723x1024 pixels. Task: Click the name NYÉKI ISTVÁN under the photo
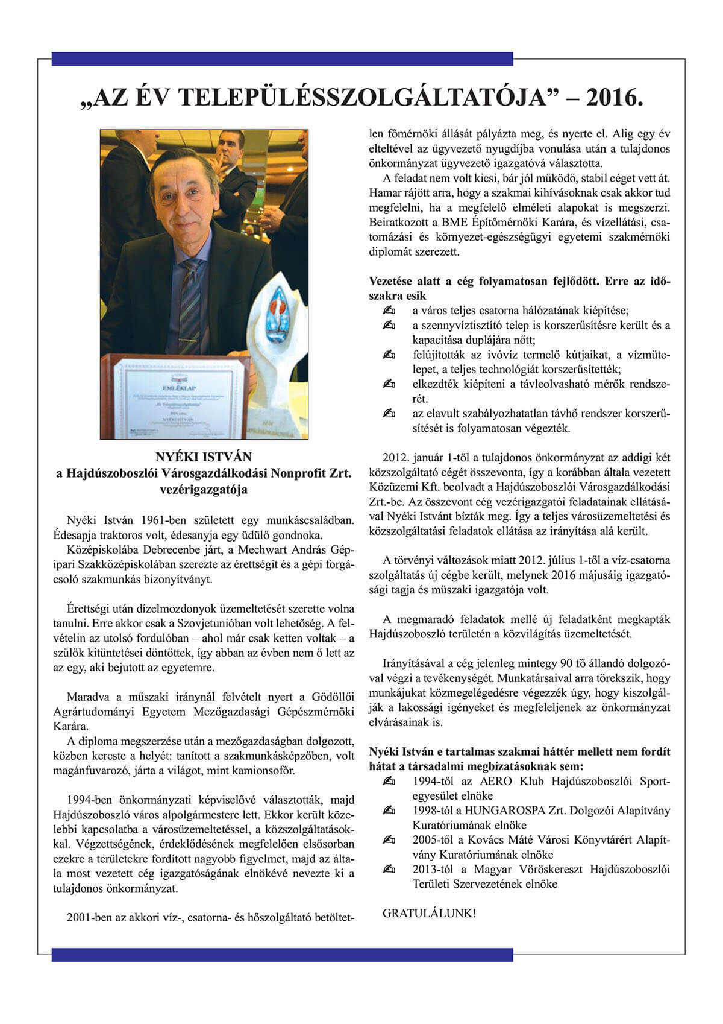(x=204, y=457)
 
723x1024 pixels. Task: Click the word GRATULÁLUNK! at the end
(x=429, y=913)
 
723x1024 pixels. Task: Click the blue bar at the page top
(x=282, y=59)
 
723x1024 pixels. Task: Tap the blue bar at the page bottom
(x=282, y=955)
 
